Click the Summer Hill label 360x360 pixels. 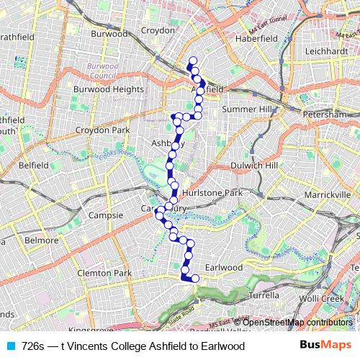click(x=248, y=109)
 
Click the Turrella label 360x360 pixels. click(x=263, y=295)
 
